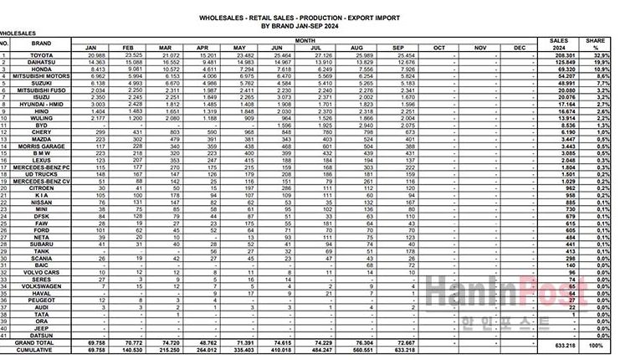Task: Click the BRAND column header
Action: (x=41, y=43)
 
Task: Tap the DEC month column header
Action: (x=520, y=48)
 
